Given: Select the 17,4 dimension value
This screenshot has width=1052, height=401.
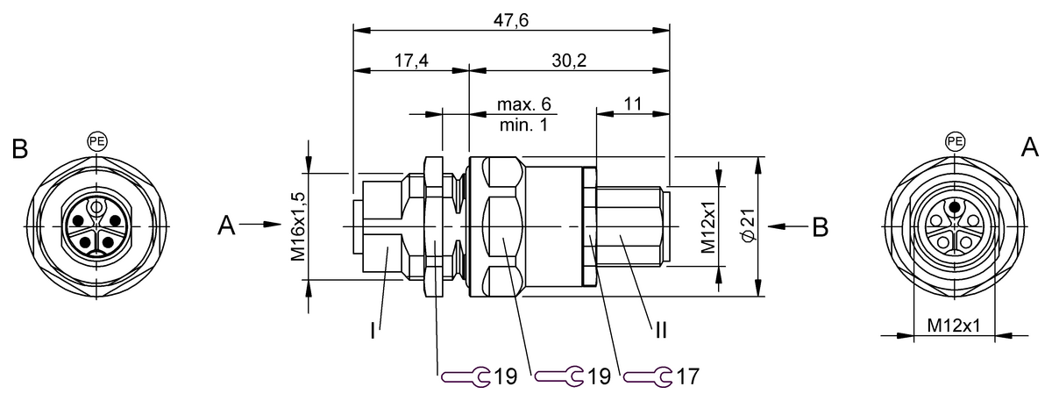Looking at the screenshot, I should tap(409, 61).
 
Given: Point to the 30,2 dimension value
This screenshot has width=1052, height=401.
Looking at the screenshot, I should tap(570, 61).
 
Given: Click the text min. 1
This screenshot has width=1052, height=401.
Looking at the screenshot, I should tap(523, 125).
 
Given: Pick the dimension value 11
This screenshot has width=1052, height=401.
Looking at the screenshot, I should tap(633, 104).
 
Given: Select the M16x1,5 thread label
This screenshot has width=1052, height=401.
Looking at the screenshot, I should tap(299, 226).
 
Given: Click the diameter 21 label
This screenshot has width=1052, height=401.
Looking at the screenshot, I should tap(748, 226).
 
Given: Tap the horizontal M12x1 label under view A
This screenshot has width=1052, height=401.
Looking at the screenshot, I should tap(953, 326).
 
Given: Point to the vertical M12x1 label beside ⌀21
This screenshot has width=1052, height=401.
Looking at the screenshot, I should tap(709, 226).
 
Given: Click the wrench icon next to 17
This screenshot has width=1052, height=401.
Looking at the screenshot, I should tap(647, 376).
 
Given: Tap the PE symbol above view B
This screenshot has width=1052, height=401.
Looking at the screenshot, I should tap(96, 140).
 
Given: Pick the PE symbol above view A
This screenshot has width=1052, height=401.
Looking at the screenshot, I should tap(954, 140).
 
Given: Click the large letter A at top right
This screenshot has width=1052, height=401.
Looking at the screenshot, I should tap(1029, 148).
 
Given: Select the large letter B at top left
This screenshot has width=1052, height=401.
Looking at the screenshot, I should tap(19, 148).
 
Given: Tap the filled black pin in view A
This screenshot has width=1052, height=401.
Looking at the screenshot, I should tap(954, 208).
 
